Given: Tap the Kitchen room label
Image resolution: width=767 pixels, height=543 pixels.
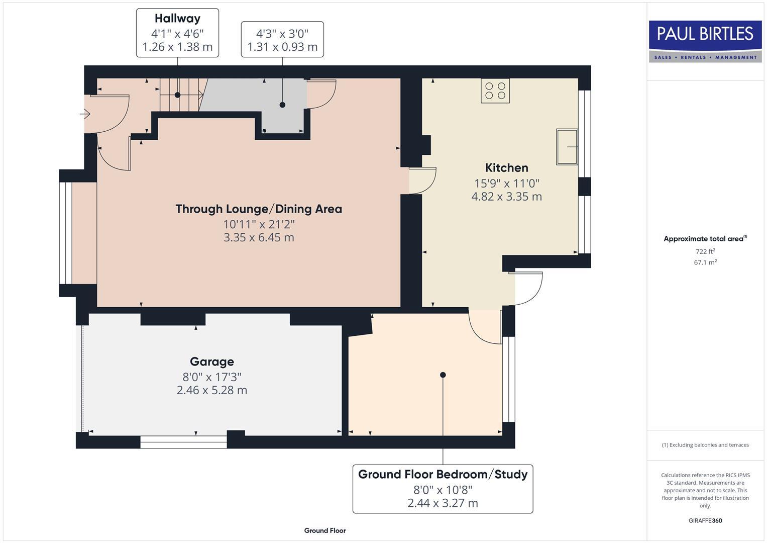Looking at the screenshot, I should point(506,168).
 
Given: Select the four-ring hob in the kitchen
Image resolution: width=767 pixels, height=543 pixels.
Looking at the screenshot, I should point(495,91).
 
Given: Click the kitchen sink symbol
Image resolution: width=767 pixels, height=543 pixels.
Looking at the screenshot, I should point(567,147).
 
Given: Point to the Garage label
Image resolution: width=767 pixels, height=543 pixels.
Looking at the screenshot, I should point(211,361).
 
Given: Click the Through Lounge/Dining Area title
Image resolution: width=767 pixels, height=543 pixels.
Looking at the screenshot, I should point(259,209).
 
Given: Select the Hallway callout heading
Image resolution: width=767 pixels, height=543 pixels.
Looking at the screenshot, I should point(177,19).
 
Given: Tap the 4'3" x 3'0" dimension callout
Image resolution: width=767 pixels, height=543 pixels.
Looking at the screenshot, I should point(282,40).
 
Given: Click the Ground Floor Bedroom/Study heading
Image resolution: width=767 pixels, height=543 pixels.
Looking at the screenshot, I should point(443,474).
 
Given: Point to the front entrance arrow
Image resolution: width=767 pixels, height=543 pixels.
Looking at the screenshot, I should point(84,115).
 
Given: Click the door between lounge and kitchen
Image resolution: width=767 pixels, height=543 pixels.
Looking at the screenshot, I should point(422,180).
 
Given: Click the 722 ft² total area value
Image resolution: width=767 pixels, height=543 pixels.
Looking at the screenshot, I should point(705,251).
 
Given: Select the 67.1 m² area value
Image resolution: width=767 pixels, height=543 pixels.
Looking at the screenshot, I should point(705,262).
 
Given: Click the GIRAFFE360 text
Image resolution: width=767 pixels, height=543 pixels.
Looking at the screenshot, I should point(705,520).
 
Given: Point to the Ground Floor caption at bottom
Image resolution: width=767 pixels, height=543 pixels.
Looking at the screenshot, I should point(325,530).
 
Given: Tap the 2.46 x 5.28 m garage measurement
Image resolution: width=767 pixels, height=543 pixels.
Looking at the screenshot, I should point(211,390).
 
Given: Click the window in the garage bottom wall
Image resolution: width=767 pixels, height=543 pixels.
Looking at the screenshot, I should point(183,442).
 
